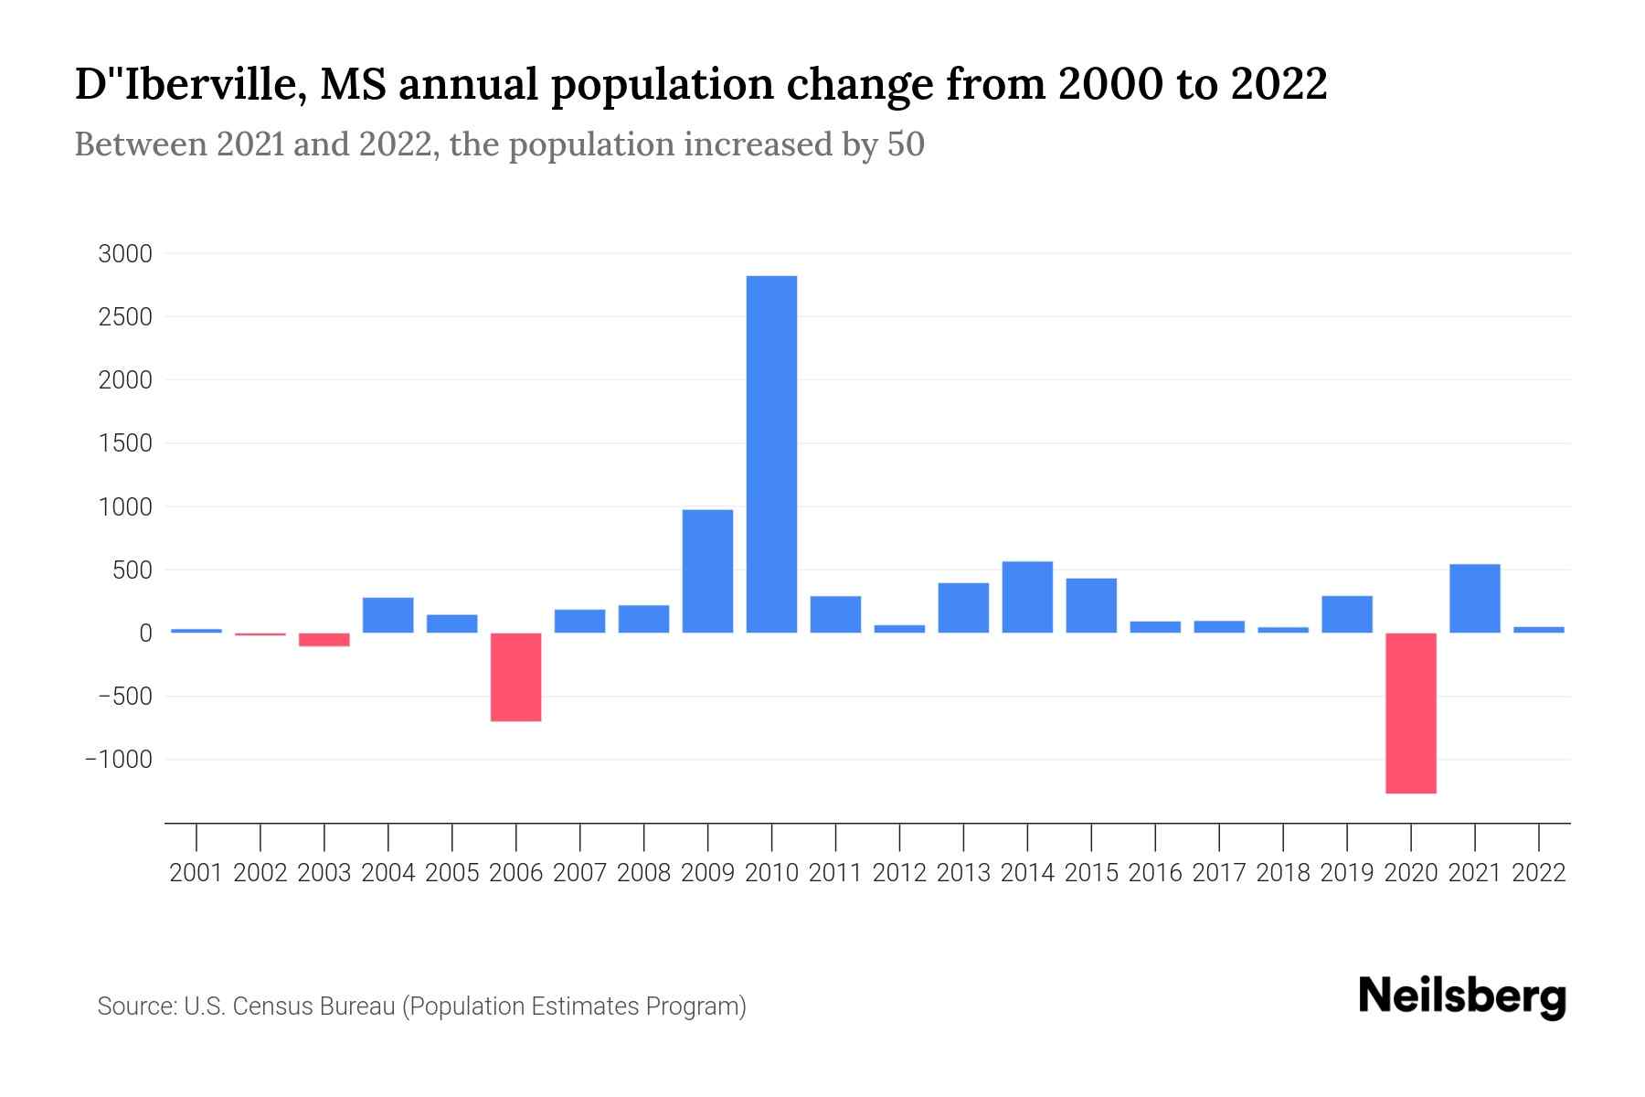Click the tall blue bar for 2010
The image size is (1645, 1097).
click(771, 454)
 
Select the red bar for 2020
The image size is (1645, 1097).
click(1410, 713)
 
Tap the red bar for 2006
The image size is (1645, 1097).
click(515, 677)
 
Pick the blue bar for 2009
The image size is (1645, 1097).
click(707, 571)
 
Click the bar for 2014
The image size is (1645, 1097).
click(1027, 597)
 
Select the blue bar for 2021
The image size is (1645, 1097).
click(1474, 599)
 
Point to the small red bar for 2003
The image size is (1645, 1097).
click(324, 640)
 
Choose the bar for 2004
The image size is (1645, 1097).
click(388, 615)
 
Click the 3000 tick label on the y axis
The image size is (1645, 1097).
click(125, 254)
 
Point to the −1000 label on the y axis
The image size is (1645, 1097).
click(119, 761)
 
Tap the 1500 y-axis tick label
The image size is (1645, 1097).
click(125, 444)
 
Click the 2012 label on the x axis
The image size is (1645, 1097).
click(899, 873)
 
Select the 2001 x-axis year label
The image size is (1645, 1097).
click(196, 873)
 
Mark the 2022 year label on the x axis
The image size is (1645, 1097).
click(1539, 873)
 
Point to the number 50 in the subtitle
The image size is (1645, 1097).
click(906, 144)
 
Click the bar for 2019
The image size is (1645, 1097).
click(1346, 614)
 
